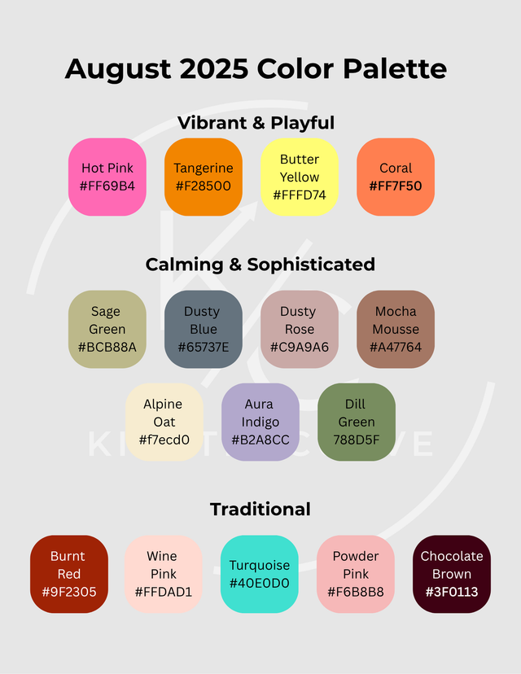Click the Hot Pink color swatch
click(107, 177)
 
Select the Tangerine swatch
click(204, 177)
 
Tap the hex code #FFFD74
click(300, 195)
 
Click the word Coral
click(396, 168)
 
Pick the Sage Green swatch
click(107, 329)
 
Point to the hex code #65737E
click(204, 347)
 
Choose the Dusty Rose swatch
click(300, 329)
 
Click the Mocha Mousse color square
click(396, 329)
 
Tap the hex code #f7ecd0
click(164, 440)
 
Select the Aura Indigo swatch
click(260, 422)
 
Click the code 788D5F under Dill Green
click(357, 440)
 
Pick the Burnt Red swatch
click(68, 574)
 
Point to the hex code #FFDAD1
click(164, 592)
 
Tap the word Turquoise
click(260, 565)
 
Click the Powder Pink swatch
click(356, 574)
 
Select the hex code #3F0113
click(452, 592)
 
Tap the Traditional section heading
click(260, 510)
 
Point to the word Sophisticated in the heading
click(311, 265)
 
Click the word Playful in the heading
click(302, 124)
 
